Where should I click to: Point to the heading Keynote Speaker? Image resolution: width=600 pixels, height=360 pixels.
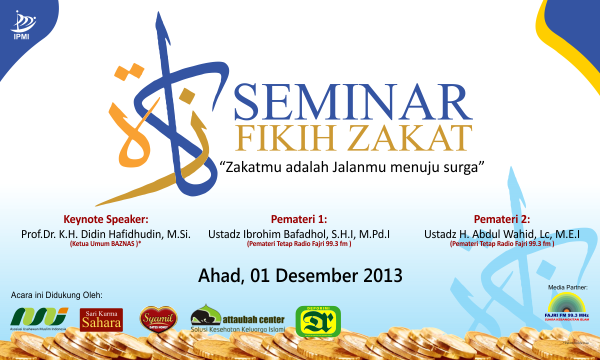tap(105, 218)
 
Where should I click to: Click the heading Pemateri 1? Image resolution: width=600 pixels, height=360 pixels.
tap(299, 218)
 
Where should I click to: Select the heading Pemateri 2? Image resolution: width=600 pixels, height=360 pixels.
tap(502, 218)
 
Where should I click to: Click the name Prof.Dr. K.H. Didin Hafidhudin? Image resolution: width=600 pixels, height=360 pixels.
tap(105, 232)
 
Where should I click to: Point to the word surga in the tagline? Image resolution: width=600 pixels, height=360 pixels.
tap(461, 163)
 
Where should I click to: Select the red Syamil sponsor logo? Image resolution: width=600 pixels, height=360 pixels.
tap(160, 318)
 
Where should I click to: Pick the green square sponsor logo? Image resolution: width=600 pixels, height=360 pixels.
tap(315, 319)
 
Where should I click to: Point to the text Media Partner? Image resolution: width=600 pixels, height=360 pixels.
tap(567, 286)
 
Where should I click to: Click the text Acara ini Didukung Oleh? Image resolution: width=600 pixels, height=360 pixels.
tap(58, 296)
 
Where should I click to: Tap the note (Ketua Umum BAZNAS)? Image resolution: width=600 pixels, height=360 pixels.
tap(105, 244)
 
